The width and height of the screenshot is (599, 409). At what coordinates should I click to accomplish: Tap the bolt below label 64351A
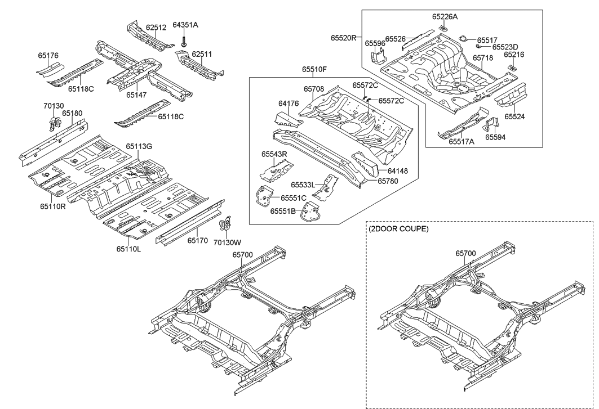184,41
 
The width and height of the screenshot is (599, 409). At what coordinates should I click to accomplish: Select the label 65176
48,56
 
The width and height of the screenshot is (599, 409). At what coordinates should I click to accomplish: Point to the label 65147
136,96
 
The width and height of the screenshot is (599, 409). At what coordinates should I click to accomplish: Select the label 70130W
227,242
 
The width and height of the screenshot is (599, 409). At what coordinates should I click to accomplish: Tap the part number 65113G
139,147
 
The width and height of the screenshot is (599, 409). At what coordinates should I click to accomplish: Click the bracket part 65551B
309,213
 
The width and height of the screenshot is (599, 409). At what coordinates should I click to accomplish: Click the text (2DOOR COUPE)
398,229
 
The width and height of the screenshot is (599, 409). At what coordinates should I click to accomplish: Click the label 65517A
462,142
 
